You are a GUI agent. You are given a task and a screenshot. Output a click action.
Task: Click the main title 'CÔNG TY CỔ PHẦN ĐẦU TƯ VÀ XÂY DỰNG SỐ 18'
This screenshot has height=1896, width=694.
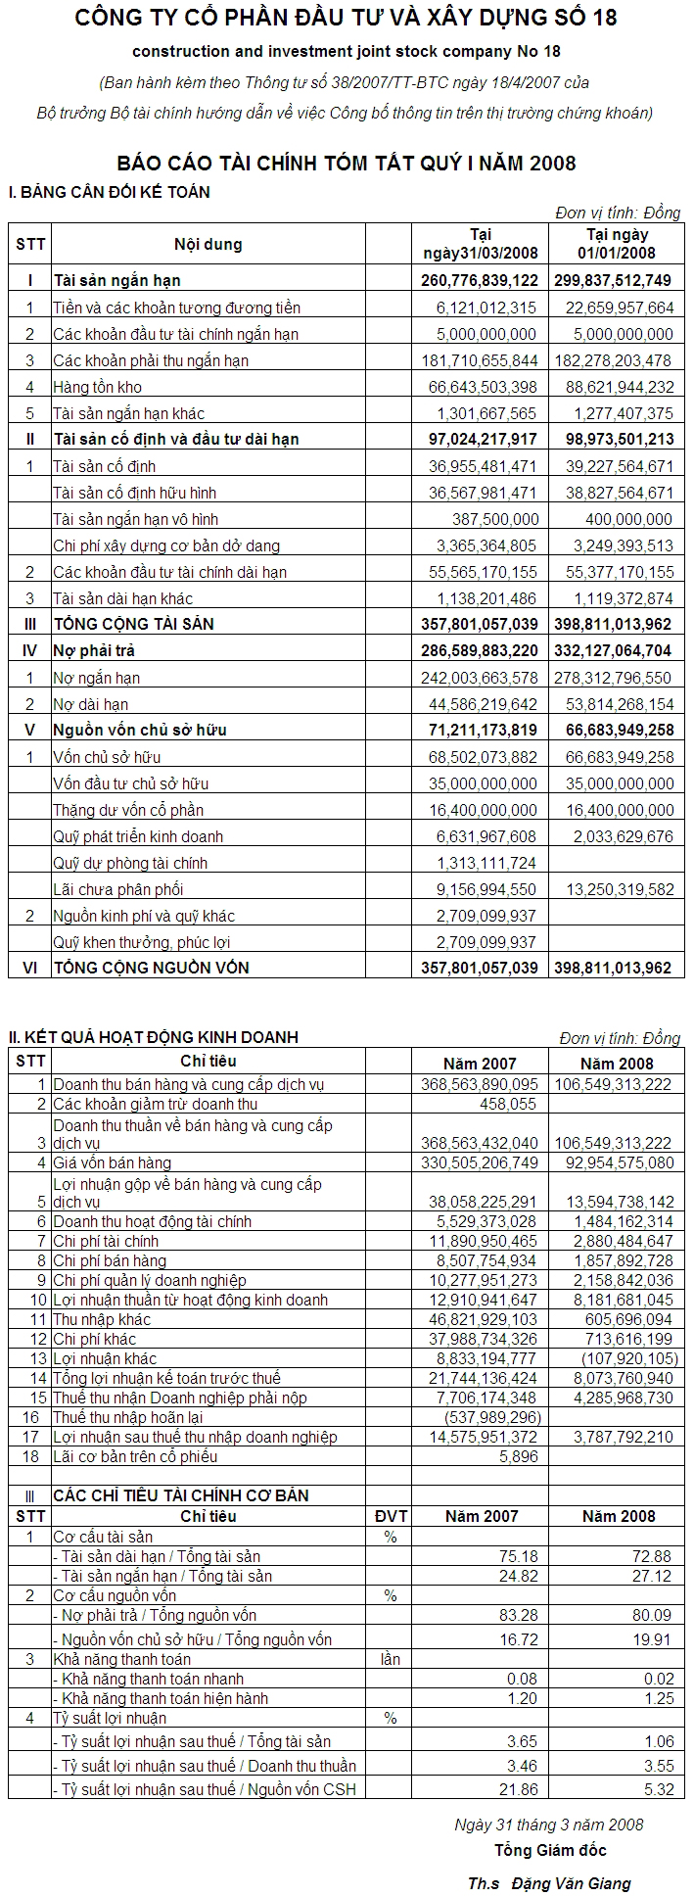pyautogui.click(x=346, y=18)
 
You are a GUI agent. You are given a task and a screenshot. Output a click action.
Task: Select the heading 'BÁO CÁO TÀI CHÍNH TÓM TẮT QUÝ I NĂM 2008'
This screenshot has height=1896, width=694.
pyautogui.click(x=346, y=164)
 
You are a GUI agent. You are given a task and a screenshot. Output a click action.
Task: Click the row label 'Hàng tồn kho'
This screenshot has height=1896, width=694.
pyautogui.click(x=98, y=388)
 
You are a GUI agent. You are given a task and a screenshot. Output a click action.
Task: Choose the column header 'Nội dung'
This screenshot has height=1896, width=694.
pyautogui.click(x=208, y=244)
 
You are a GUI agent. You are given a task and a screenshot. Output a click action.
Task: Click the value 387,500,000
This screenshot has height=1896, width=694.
pyautogui.click(x=495, y=519)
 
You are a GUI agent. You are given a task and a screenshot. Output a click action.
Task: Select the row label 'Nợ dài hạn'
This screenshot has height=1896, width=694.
pyautogui.click(x=91, y=704)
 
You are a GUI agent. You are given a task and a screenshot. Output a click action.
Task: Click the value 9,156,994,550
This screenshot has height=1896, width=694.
pyautogui.click(x=483, y=889)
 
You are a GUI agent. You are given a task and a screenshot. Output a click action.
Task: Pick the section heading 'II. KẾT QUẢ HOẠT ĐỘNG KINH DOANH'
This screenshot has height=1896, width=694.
pyautogui.click(x=154, y=1037)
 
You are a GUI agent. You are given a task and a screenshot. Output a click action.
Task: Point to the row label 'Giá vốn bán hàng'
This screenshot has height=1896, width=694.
pyautogui.click(x=113, y=1163)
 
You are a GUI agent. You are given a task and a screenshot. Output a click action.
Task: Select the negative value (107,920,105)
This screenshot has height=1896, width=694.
pyautogui.click(x=628, y=1359)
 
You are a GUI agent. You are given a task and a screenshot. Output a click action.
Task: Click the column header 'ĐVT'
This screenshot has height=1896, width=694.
pyautogui.click(x=391, y=1516)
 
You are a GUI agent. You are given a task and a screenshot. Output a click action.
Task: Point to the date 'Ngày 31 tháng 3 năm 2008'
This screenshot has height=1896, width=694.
pyautogui.click(x=549, y=1825)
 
